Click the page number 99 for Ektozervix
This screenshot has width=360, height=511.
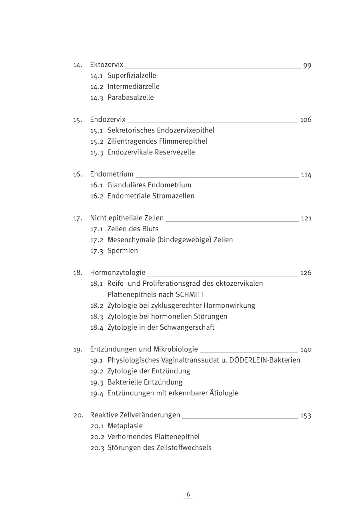tap(307, 66)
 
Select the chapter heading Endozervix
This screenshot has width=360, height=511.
tap(108, 120)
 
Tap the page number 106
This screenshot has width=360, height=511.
tap(306, 120)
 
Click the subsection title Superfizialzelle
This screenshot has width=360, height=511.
tap(132, 76)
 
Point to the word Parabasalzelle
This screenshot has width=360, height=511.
tap(130, 98)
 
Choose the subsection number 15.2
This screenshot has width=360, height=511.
tap(96, 141)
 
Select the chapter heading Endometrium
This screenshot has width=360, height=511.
tap(112, 174)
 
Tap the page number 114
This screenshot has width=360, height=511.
tap(306, 174)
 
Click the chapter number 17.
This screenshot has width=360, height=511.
tap(77, 218)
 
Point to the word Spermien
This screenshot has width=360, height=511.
tap(122, 251)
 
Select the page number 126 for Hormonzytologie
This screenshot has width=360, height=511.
tap(306, 273)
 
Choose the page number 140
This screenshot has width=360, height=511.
tap(306, 349)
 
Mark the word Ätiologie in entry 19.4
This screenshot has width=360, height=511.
tap(224, 393)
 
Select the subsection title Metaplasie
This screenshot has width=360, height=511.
tap(125, 426)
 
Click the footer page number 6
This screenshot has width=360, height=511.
tap(188, 494)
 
